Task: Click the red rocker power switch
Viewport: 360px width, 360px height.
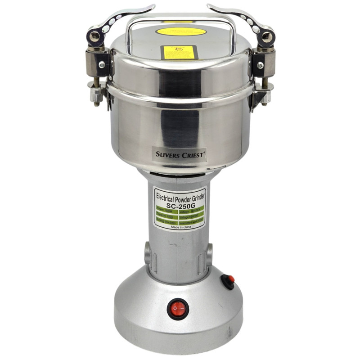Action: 178,309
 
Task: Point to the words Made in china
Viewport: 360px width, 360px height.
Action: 179,227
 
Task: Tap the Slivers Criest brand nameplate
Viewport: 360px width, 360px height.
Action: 179,154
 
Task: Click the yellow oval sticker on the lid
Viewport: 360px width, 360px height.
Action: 181,31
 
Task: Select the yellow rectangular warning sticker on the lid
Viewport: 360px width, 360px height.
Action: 180,52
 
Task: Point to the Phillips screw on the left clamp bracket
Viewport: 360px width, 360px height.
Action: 102,65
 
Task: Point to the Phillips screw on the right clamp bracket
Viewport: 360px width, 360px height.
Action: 260,65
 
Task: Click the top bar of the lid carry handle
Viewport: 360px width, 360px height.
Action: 180,20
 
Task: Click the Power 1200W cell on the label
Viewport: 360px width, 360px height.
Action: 166,209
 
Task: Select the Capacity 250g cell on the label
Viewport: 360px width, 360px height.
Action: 166,215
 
